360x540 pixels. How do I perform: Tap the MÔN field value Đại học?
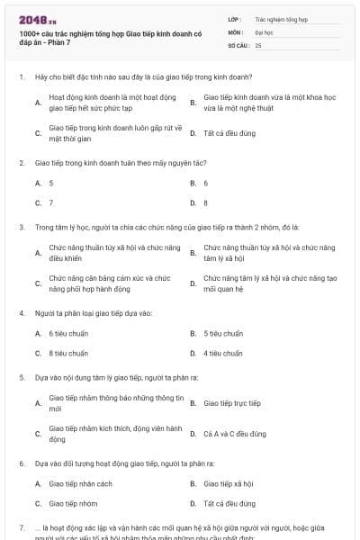264,31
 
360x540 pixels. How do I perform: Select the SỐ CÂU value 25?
258,44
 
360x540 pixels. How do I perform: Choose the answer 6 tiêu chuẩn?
68,333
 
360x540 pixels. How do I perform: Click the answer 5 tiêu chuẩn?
223,333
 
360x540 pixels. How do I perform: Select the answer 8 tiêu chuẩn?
68,353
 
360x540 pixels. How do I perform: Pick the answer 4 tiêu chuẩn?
223,353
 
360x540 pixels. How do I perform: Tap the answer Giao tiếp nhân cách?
80,483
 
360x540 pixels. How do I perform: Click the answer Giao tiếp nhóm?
76,503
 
